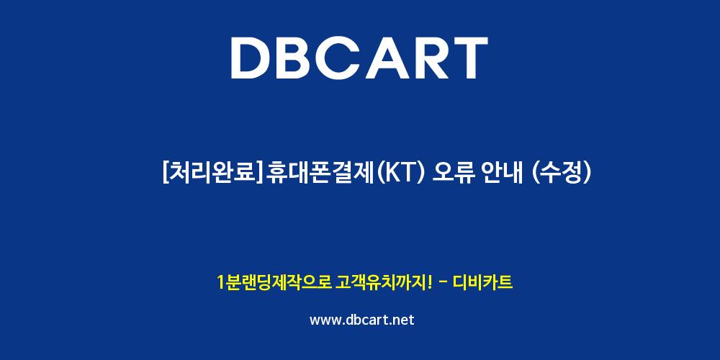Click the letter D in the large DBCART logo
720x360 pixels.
click(251, 58)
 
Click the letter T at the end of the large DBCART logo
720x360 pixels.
click(469, 58)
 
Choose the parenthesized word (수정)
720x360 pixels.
click(560, 173)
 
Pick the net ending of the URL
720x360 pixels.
click(402, 320)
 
